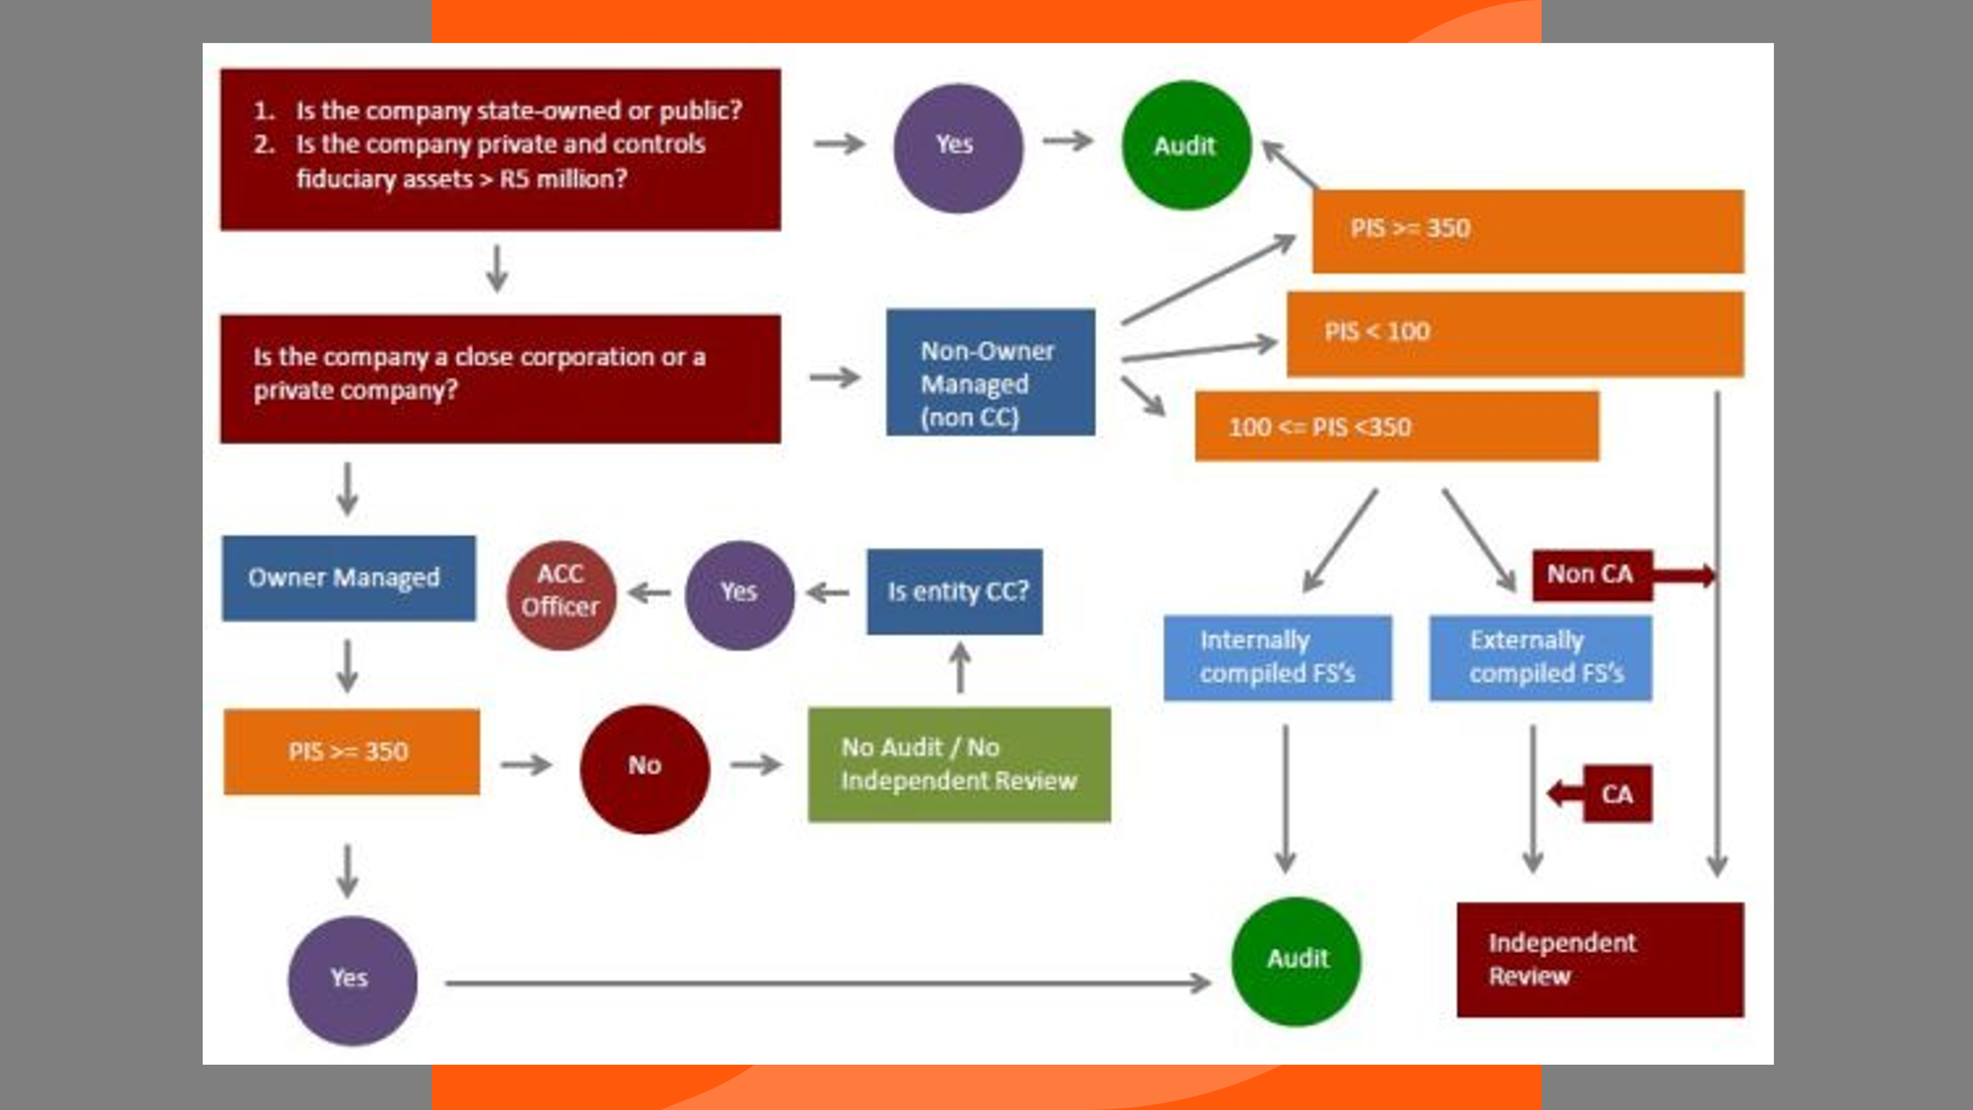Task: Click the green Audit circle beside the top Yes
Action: pos(1186,146)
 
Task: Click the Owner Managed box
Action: pos(348,578)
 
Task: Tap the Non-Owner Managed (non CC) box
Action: pos(990,373)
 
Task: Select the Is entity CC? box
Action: pos(954,592)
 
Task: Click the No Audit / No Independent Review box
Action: pos(959,765)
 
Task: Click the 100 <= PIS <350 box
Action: pos(1396,427)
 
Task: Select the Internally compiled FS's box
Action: pos(1277,657)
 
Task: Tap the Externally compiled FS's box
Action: pos(1540,657)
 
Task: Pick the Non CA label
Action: pos(1591,575)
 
